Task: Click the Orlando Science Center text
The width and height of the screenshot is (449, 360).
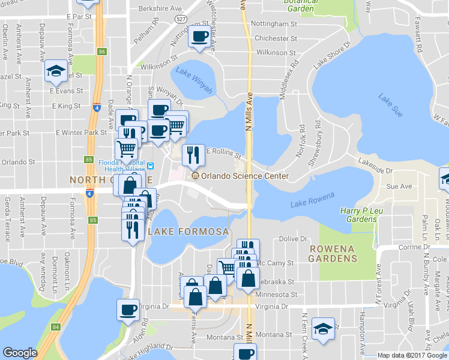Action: tap(245, 176)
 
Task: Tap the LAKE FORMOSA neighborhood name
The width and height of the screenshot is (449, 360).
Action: tap(188, 232)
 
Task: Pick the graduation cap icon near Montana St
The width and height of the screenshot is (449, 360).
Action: tap(324, 329)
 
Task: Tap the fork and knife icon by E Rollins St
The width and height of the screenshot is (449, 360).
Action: tap(193, 155)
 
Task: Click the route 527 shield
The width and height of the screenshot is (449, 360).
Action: tap(181, 19)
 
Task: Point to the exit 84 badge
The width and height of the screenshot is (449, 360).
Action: tap(56, 327)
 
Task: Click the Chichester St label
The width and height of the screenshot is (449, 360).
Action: tap(272, 38)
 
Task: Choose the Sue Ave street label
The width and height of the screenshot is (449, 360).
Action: tap(399, 187)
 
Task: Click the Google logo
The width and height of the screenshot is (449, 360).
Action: tap(20, 353)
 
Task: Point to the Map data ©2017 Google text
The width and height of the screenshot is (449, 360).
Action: tap(412, 355)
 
